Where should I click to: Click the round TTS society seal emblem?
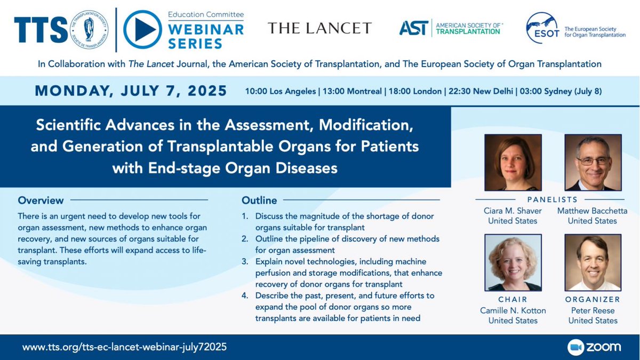pos(89,29)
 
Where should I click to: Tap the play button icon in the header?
pos(142,29)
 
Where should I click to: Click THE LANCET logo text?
pos(319,28)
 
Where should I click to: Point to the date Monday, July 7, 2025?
pos(131,91)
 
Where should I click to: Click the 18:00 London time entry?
pos(417,91)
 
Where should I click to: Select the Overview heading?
pos(41,201)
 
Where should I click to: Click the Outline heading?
pos(259,201)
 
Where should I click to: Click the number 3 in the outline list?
pos(245,261)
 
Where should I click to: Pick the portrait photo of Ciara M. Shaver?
pos(513,163)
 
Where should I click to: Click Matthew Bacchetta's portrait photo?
pos(593,163)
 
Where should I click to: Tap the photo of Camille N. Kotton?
pos(513,262)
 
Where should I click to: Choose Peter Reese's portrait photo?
pos(593,262)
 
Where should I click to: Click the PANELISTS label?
pos(553,199)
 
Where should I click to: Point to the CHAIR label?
pos(513,299)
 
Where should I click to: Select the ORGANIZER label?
pos(593,299)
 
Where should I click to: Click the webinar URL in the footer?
pos(124,347)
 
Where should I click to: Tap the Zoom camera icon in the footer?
pos(575,347)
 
